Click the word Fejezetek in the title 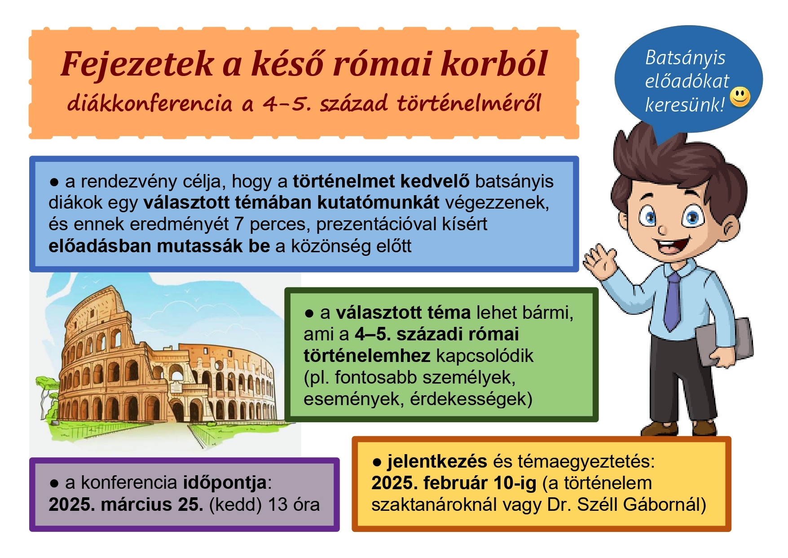point(137,64)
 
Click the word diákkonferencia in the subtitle point(150,103)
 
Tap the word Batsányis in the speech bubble point(685,58)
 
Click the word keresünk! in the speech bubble point(685,105)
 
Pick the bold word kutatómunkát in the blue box point(378,203)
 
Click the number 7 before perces point(239,224)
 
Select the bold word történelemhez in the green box point(366,356)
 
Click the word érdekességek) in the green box point(471,399)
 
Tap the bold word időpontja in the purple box point(225,483)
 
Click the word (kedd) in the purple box point(235,505)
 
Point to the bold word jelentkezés point(437,462)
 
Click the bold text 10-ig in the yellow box point(515,483)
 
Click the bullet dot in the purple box point(54,484)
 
